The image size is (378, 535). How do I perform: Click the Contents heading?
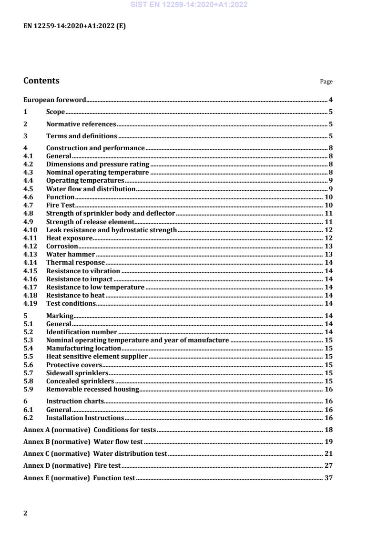[x=41, y=81]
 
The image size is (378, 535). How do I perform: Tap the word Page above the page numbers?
[x=326, y=82]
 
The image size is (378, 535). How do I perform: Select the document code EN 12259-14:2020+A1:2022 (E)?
[x=74, y=26]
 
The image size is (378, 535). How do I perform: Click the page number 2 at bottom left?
[x=25, y=513]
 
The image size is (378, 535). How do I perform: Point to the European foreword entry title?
[x=55, y=100]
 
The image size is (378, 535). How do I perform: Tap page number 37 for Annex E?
[x=328, y=478]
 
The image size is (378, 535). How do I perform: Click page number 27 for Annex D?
[x=328, y=465]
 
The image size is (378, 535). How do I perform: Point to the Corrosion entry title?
[x=62, y=246]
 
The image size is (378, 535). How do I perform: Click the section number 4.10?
[x=30, y=230]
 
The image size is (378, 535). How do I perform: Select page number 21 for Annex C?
[x=328, y=453]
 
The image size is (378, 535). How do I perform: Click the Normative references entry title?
[x=81, y=124]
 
